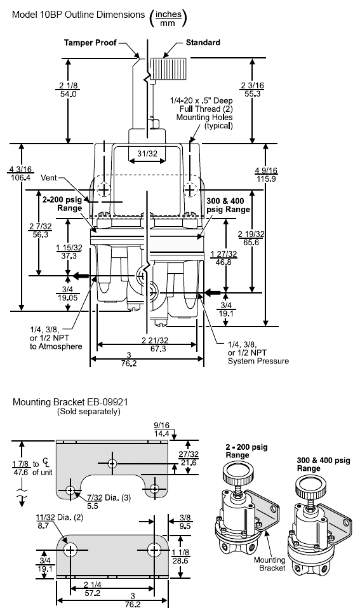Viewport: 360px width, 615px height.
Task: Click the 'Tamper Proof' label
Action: pyautogui.click(x=90, y=43)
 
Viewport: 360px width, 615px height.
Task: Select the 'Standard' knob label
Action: pyautogui.click(x=203, y=43)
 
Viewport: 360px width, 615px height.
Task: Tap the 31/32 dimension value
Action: pyautogui.click(x=147, y=153)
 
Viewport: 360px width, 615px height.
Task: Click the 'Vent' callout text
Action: pyautogui.click(x=49, y=178)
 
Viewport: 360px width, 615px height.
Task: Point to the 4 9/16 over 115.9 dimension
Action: pyautogui.click(x=266, y=174)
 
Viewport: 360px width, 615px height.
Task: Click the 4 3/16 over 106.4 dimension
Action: pyautogui.click(x=20, y=173)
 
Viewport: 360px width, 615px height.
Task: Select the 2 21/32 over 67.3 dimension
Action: pyautogui.click(x=156, y=344)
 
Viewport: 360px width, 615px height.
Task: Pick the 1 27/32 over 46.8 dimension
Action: pyautogui.click(x=223, y=258)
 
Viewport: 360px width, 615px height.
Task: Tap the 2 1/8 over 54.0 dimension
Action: pyautogui.click(x=68, y=90)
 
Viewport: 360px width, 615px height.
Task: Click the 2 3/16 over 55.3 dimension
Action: pyautogui.click(x=253, y=90)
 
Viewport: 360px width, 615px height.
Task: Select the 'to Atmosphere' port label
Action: pyautogui.click(x=56, y=346)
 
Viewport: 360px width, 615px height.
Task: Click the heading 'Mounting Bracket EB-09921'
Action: pyautogui.click(x=70, y=402)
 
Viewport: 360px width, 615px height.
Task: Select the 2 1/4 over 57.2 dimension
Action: pyautogui.click(x=93, y=589)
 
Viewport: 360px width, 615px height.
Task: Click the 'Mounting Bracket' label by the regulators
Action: pyautogui.click(x=270, y=564)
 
